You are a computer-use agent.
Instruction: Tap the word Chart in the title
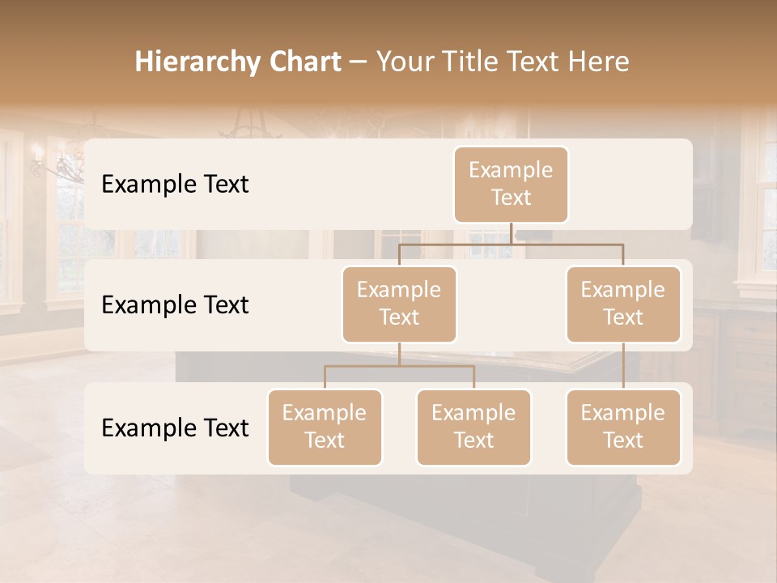tap(304, 62)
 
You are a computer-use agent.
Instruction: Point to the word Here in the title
tap(598, 62)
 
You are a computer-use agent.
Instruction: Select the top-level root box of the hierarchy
tap(511, 184)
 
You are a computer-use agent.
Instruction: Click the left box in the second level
tap(399, 304)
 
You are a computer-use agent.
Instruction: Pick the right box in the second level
tap(623, 304)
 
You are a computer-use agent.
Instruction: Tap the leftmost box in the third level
tap(325, 427)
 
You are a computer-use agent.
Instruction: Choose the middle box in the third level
tap(473, 427)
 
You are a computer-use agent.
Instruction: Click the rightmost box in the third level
tap(623, 427)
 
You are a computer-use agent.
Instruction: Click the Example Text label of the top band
tap(175, 184)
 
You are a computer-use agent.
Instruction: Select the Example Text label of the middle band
tap(175, 304)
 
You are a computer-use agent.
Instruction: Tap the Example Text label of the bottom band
tap(175, 428)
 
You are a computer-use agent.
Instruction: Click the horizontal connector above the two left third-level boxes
tap(399, 366)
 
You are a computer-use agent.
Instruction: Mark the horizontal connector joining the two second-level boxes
tap(511, 244)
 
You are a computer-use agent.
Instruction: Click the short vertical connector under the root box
tap(511, 233)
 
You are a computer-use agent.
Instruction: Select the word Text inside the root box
tap(511, 198)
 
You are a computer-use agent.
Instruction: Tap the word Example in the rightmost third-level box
tap(623, 413)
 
